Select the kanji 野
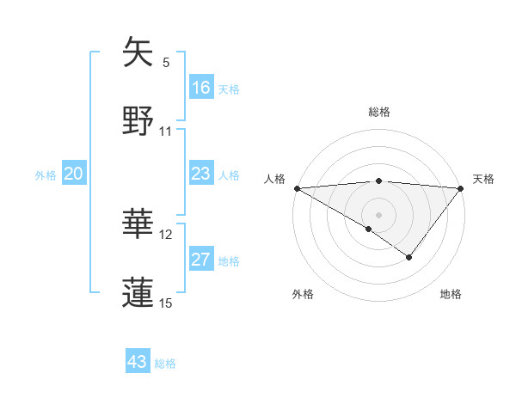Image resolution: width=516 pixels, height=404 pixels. click(138, 120)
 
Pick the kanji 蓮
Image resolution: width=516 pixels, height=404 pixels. click(138, 291)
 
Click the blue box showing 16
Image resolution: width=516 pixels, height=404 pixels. click(201, 87)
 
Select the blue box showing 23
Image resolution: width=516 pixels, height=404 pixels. click(201, 174)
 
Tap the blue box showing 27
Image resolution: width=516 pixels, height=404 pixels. click(201, 260)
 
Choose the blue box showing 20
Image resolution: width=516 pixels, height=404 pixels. click(74, 174)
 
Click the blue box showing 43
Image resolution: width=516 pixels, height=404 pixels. click(138, 362)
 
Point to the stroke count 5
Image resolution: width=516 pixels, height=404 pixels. click(166, 63)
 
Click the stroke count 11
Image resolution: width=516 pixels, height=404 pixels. click(166, 132)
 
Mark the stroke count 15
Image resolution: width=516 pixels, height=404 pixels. click(166, 303)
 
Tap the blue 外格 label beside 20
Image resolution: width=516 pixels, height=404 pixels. click(46, 175)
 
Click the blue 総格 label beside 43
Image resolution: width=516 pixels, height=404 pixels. click(165, 364)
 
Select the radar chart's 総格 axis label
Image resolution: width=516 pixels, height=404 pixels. click(378, 112)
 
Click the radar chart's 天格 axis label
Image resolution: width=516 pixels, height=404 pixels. click(483, 179)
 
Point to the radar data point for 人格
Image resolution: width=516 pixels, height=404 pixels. click(296, 188)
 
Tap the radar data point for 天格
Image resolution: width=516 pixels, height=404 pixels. click(461, 188)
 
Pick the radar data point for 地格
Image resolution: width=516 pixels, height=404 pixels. click(409, 257)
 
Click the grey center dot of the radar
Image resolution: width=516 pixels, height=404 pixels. click(378, 214)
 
